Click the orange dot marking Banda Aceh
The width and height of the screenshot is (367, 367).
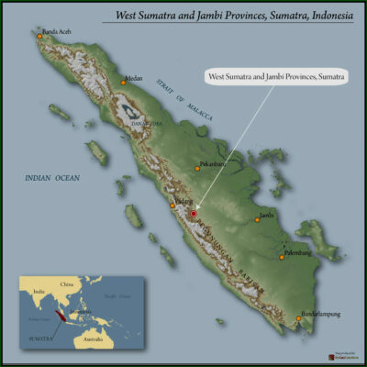(x=39, y=36)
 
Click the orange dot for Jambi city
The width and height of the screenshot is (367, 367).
(x=258, y=218)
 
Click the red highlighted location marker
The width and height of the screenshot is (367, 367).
(x=194, y=214)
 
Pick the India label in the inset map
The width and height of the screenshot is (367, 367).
(x=38, y=293)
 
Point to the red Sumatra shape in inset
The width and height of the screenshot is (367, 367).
(x=61, y=316)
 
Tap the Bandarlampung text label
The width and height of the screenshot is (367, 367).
(x=321, y=314)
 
